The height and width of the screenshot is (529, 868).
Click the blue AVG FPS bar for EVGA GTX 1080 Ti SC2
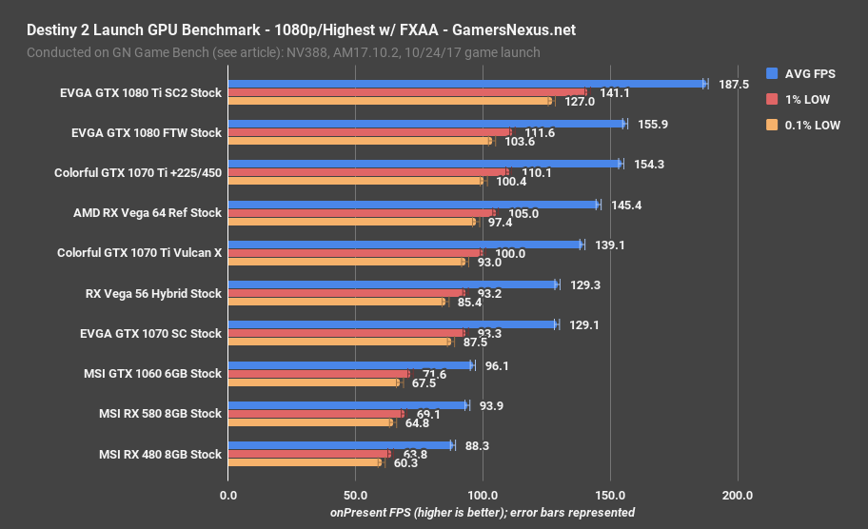[x=466, y=84]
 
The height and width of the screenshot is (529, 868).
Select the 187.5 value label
[x=734, y=84]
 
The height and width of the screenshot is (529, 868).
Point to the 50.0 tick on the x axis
[x=355, y=495]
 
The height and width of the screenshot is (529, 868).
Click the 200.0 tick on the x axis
[x=738, y=495]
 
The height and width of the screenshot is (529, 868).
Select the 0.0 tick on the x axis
[x=228, y=495]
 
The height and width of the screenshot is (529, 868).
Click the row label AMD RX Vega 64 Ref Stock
[x=147, y=213]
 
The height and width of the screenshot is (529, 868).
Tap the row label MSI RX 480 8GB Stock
[x=160, y=454]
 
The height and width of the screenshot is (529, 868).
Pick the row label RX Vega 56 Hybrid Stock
[x=152, y=293]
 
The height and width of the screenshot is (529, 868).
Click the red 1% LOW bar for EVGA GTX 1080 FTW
[x=369, y=132]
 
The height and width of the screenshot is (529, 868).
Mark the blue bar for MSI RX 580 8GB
[x=347, y=405]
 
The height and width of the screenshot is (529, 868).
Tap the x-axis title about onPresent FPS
[x=483, y=512]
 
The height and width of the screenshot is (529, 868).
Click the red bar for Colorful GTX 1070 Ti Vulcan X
[x=355, y=253]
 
